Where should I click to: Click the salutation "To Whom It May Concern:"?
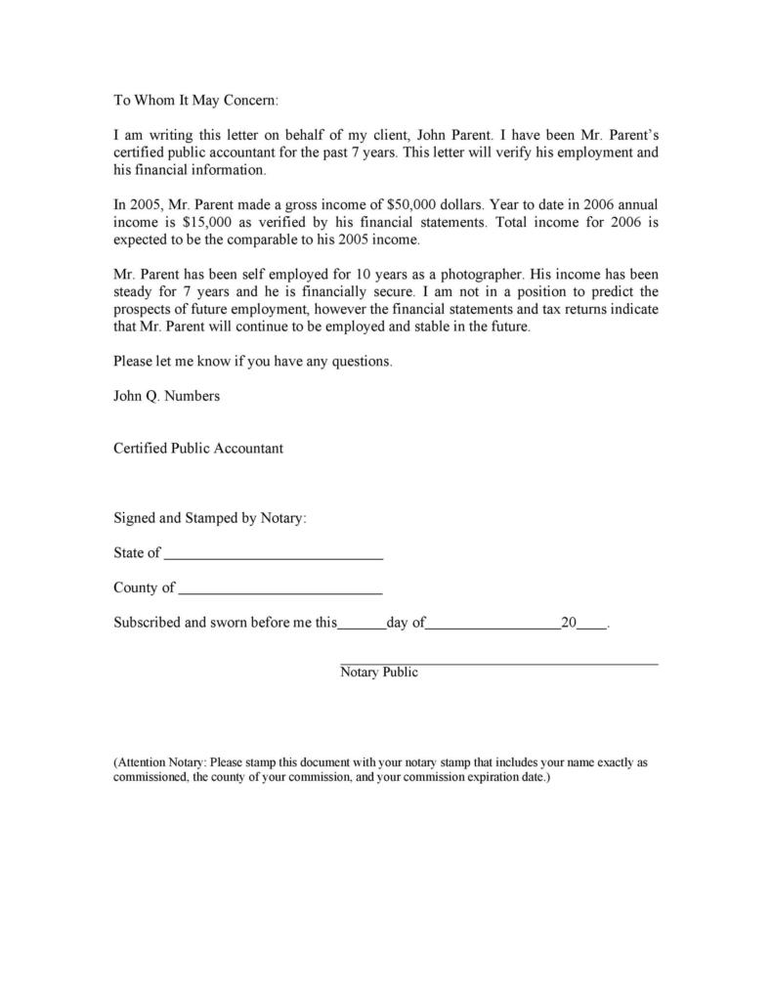pyautogui.click(x=195, y=100)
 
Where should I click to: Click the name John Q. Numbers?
pyautogui.click(x=166, y=396)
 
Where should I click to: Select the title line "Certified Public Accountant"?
pyautogui.click(x=198, y=448)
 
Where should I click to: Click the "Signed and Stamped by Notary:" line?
pyautogui.click(x=210, y=518)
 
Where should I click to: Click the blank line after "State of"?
pyautogui.click(x=274, y=555)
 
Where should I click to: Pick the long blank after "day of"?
pyautogui.click(x=493, y=625)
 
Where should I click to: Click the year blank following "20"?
pyautogui.click(x=592, y=625)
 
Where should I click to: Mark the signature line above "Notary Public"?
pyautogui.click(x=498, y=664)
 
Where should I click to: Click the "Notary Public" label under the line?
pyautogui.click(x=379, y=673)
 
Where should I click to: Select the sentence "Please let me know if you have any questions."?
pyautogui.click(x=252, y=361)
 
